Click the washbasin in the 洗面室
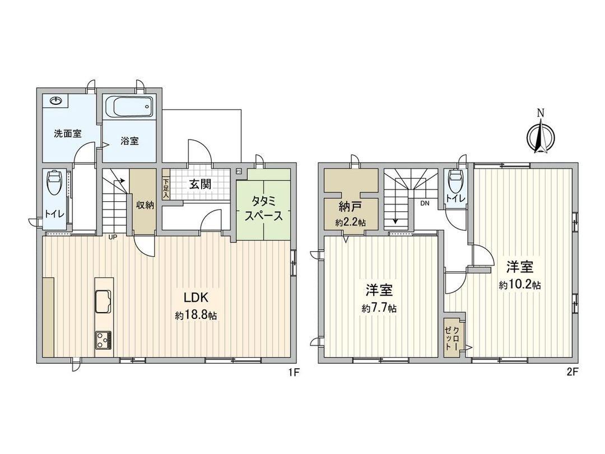click(56, 101)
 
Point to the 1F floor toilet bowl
click(54, 182)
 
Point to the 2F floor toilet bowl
click(456, 180)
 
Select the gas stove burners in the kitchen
click(103, 339)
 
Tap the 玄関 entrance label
click(199, 183)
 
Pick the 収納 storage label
click(145, 205)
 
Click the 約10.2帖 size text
click(520, 285)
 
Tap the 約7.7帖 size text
click(379, 308)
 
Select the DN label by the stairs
click(425, 203)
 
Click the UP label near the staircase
click(113, 237)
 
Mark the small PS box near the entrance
click(239, 172)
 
